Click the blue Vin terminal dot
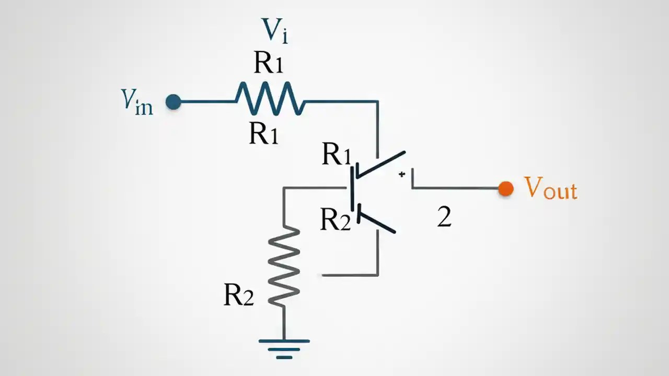[174, 102]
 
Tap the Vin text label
[137, 101]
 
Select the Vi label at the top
[275, 30]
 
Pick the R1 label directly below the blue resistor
[263, 134]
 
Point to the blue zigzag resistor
[270, 99]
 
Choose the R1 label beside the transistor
[336, 155]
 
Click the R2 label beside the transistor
[335, 219]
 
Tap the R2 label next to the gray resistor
[238, 295]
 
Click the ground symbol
[284, 348]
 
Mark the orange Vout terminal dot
[505, 189]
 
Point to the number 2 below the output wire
[444, 217]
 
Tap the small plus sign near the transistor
[401, 174]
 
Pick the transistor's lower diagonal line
[377, 222]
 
